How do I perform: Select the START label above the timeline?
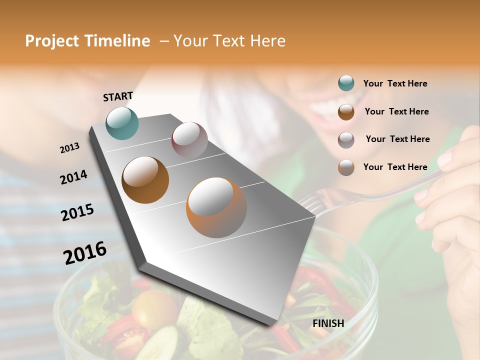[x=118, y=96]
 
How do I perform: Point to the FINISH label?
[x=328, y=323]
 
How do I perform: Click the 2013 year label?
[x=69, y=148]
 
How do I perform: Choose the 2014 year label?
[x=73, y=177]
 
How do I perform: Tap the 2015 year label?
[x=77, y=212]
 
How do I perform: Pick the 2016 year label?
[x=85, y=252]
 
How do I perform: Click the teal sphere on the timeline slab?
[x=122, y=123]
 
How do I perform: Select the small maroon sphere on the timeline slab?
[x=189, y=140]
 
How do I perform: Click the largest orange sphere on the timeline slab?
[x=216, y=207]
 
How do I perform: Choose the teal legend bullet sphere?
[x=346, y=83]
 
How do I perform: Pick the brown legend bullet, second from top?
[x=346, y=111]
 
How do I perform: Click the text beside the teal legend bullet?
[x=395, y=83]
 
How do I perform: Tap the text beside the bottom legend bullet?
[x=395, y=167]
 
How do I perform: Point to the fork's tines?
[x=310, y=204]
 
